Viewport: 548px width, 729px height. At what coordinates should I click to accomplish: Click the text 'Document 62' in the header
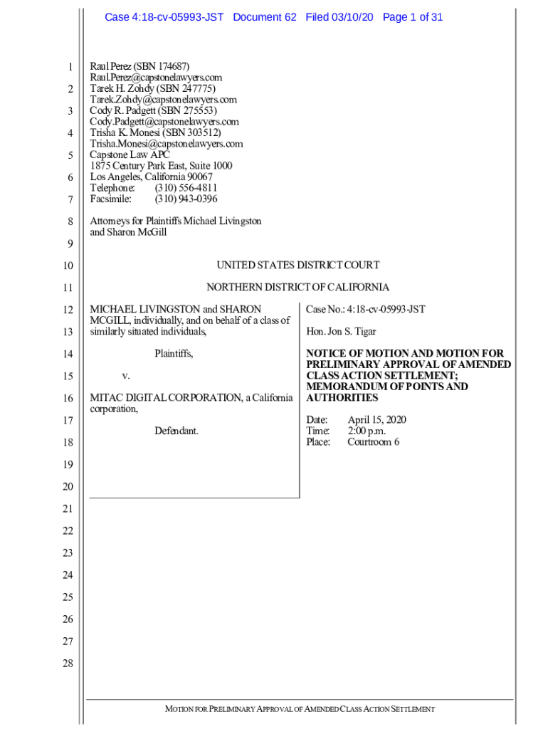coord(264,17)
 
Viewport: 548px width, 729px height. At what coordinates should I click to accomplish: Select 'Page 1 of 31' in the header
coord(413,17)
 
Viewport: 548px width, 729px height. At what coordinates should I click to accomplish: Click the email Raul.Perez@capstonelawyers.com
coord(156,77)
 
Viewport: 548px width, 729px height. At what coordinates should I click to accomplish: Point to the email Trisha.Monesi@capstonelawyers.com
coord(166,144)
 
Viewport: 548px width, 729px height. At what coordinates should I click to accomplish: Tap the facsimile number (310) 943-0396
coord(186,199)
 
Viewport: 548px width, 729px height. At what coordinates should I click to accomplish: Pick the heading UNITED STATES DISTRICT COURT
coord(297,265)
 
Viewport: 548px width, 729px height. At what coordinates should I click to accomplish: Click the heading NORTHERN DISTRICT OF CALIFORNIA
coord(297,287)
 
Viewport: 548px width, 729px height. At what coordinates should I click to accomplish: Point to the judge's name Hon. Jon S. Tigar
coord(341,332)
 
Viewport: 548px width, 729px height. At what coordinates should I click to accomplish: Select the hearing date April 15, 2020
coord(376,420)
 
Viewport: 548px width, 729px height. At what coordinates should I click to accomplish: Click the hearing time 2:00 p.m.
coord(367,431)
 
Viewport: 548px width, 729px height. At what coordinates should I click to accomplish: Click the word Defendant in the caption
coord(176,431)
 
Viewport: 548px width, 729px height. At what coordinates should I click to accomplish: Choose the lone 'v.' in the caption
coord(126,375)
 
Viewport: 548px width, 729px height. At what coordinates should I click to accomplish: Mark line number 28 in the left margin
coord(68,664)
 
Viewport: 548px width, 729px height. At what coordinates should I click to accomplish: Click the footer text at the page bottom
coord(300,709)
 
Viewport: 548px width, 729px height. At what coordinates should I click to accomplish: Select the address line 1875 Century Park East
coord(160,166)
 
